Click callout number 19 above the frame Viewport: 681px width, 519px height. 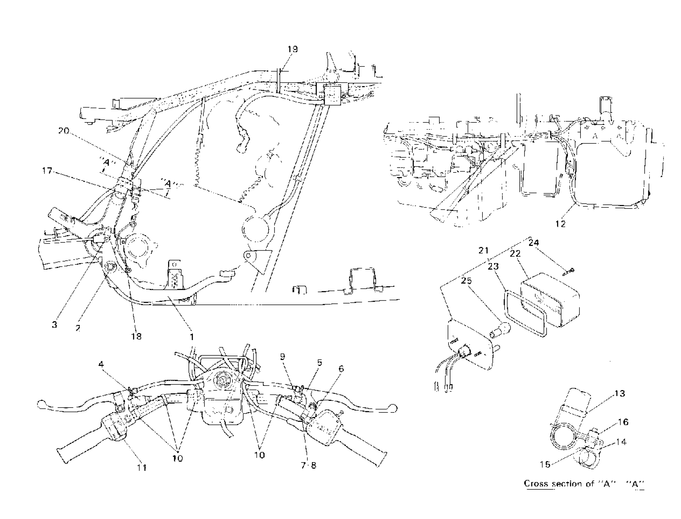[292, 49]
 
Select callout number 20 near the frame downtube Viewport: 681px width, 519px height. [64, 131]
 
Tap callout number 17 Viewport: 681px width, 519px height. [47, 171]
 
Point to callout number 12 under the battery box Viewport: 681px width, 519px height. [560, 224]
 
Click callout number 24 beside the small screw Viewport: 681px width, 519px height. [533, 242]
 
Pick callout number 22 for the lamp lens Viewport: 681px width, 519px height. [515, 253]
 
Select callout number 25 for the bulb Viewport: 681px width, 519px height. [467, 281]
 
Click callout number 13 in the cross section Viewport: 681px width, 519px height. [620, 393]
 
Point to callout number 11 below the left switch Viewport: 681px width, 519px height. [141, 468]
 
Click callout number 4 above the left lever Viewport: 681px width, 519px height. [101, 365]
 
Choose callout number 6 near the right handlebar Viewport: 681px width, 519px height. [341, 368]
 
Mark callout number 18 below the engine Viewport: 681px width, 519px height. [136, 336]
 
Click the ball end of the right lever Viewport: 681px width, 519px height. [393, 408]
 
